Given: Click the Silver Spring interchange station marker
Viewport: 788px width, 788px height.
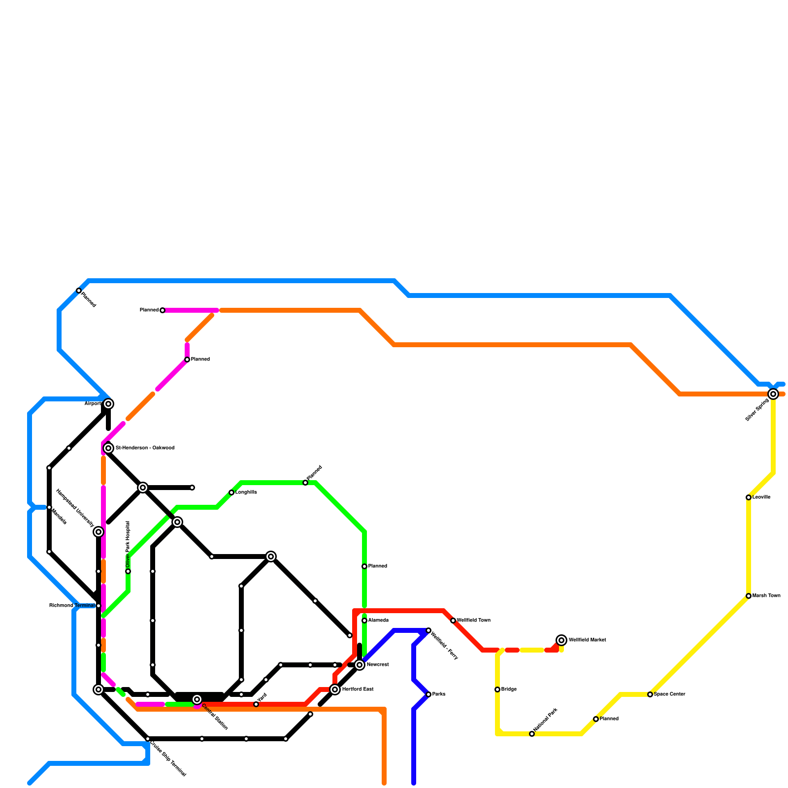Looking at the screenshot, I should coord(773,394).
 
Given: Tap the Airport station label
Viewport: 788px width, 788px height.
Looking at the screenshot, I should coord(93,404).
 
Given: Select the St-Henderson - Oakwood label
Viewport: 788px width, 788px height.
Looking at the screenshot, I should coord(145,448).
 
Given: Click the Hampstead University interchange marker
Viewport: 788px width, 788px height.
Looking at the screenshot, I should coord(98,532).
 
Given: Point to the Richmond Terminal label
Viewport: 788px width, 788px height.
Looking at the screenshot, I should coord(72,606).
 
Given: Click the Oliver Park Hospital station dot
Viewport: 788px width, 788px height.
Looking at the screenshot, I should coord(128,571).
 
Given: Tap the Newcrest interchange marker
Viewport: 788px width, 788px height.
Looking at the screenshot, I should coord(360,665).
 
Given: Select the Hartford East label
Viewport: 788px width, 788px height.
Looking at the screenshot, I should coord(358,689).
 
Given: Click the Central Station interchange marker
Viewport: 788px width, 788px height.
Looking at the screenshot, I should coord(197,699).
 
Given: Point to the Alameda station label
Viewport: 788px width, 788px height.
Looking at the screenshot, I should coord(378,621).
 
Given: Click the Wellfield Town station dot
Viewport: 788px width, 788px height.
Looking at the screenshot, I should coord(453,621).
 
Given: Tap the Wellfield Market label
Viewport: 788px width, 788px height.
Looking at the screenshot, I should coord(587,640).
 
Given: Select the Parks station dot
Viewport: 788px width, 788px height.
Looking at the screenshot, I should coord(428,694).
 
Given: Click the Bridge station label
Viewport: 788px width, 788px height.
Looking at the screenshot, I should coord(509,689).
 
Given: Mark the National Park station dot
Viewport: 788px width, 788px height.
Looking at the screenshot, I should coord(532,734).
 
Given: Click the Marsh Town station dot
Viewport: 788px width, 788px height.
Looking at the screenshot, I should coord(749,596).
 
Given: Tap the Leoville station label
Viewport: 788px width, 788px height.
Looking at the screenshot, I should coord(761,497).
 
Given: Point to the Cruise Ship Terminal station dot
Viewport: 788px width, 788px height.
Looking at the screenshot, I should coord(148,739).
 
